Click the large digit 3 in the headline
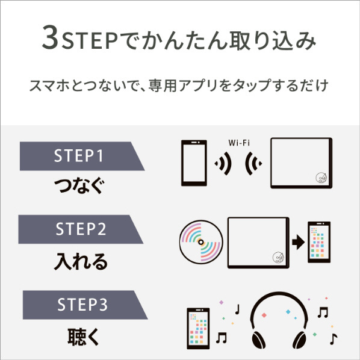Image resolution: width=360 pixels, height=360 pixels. point(51,37)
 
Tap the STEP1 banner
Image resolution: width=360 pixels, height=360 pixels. point(82,156)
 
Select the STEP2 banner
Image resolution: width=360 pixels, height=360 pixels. point(81,229)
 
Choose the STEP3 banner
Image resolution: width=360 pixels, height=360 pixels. point(85,305)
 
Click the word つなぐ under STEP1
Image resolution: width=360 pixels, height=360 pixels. point(79,185)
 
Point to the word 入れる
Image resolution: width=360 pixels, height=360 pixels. point(81,261)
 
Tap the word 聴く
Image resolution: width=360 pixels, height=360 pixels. point(83,337)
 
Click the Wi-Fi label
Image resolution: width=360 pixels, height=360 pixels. point(239,143)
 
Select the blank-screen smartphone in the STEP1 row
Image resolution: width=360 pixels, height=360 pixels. point(194,163)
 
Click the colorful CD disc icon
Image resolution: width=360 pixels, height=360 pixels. point(201,242)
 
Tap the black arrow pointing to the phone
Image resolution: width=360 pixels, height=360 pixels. point(298,242)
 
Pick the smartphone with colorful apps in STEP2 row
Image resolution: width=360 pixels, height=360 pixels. point(319,242)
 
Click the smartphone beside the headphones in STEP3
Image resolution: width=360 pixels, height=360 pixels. point(198,328)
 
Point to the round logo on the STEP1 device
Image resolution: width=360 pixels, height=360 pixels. point(321,178)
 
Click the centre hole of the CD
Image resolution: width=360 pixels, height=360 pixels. point(201,242)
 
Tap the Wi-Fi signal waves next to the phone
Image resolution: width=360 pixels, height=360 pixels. point(223,163)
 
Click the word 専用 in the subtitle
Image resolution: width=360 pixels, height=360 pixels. point(163,85)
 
